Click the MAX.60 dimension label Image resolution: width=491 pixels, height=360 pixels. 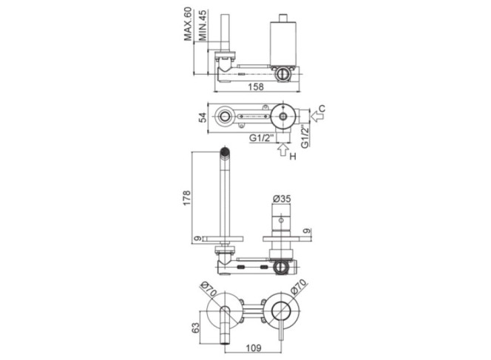pyautogui.click(x=188, y=24)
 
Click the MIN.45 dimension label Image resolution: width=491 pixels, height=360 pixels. pyautogui.click(x=203, y=25)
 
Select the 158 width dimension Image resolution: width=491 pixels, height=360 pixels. pyautogui.click(x=256, y=86)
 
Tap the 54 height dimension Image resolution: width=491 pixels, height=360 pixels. pyautogui.click(x=203, y=118)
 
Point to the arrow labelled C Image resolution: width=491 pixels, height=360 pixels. pyautogui.click(x=317, y=117)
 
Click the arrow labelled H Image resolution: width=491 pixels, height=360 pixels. pyautogui.click(x=283, y=149)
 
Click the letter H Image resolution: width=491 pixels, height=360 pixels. pyautogui.click(x=293, y=156)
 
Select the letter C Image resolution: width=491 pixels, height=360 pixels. pyautogui.click(x=322, y=109)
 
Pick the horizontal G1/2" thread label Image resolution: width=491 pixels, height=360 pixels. pyautogui.click(x=262, y=137)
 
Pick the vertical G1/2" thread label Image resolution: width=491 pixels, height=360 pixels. pyautogui.click(x=305, y=135)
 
